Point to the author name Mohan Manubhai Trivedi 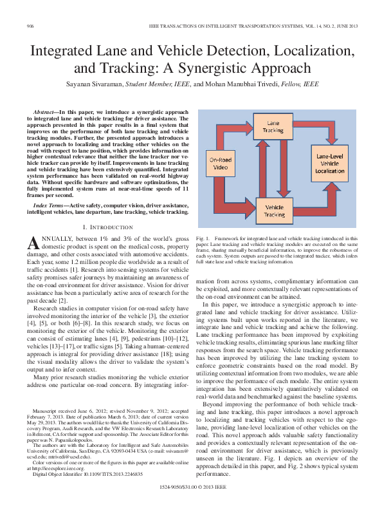(246, 84)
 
